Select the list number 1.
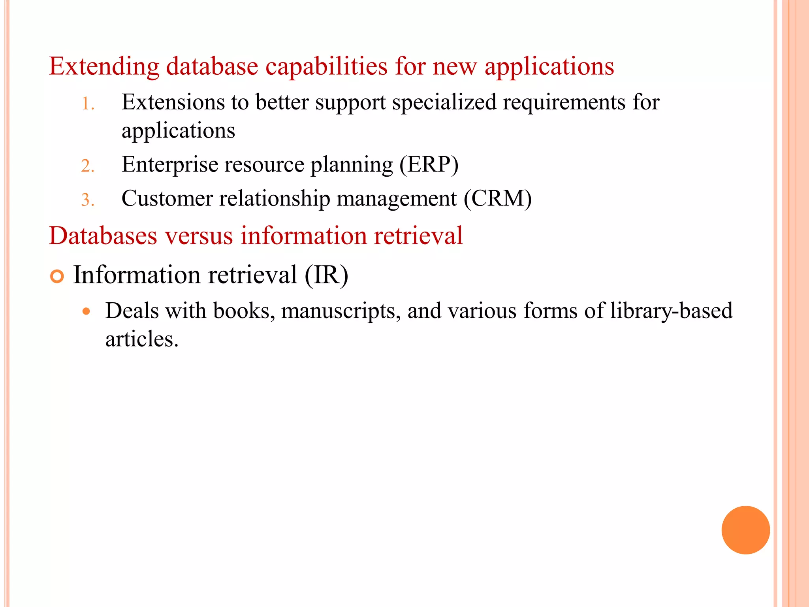click(87, 104)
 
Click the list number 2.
click(87, 166)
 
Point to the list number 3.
click(87, 200)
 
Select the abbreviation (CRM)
click(497, 199)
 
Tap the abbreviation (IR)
click(326, 275)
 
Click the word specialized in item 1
click(444, 103)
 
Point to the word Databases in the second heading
click(103, 236)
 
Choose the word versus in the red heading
click(199, 236)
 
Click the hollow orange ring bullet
click(57, 276)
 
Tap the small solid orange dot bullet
click(87, 311)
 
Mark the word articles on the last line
click(141, 339)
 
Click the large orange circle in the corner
click(745, 530)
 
